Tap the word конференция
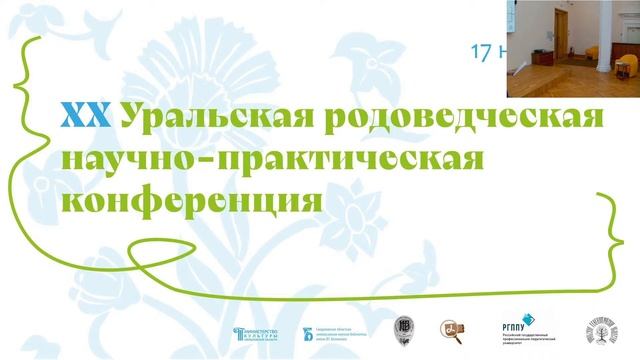[x=194, y=197]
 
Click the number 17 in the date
[x=481, y=48]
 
